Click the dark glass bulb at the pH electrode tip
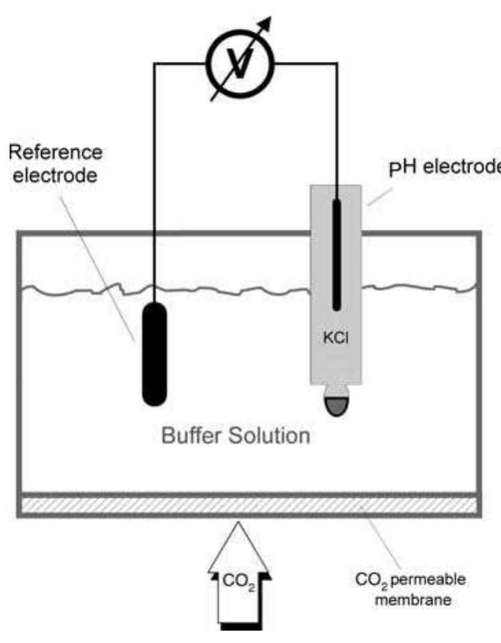pos(336,405)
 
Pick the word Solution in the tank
pos(270,436)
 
